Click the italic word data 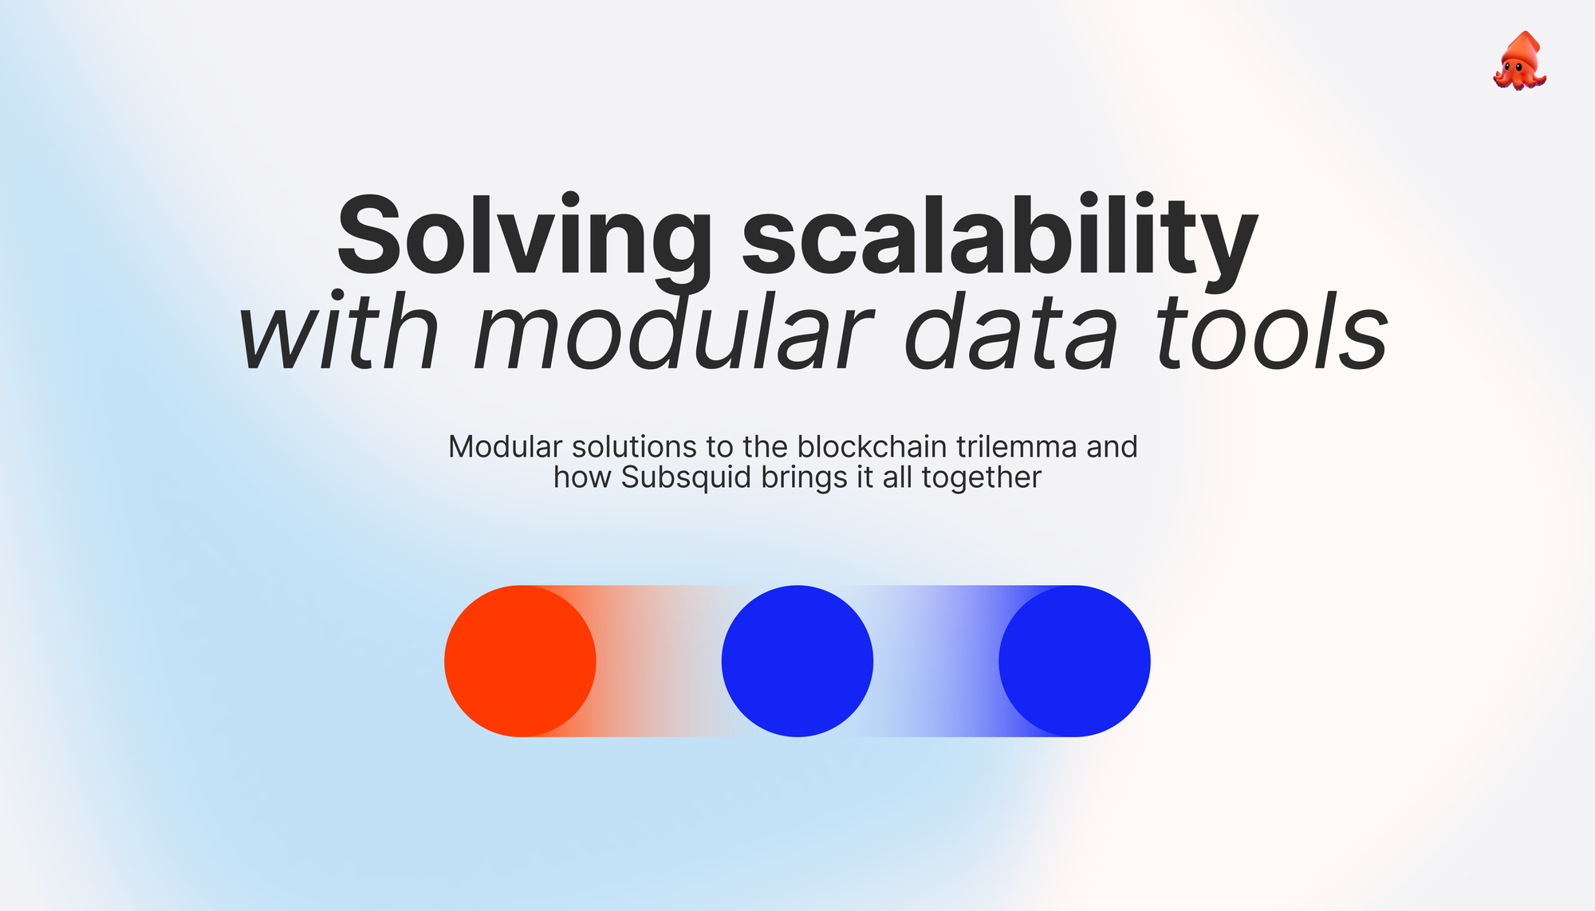pos(1012,332)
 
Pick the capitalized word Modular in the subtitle pos(506,447)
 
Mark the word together pos(982,478)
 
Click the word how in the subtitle pos(583,477)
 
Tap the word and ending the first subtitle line pos(1112,447)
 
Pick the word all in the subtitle pos(897,477)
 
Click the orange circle pos(520,661)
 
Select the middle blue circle pos(797,661)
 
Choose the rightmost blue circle pos(1074,661)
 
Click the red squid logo pos(1520,61)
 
